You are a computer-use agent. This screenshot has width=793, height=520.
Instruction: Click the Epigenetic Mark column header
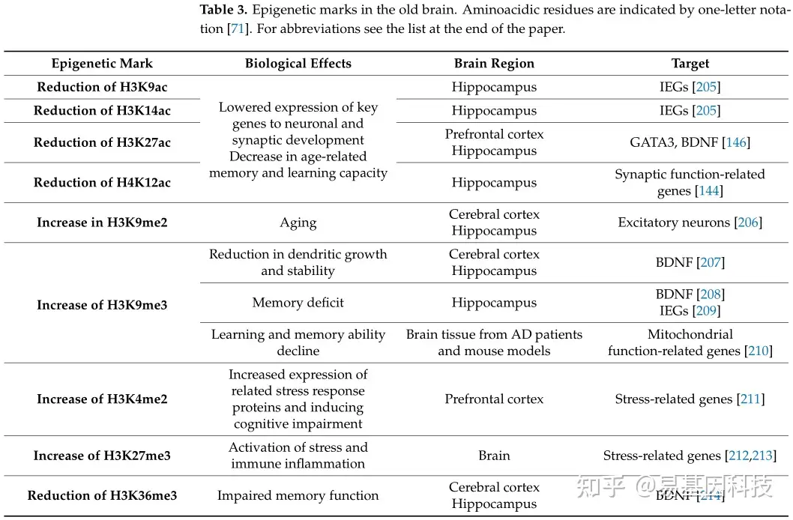[x=102, y=64]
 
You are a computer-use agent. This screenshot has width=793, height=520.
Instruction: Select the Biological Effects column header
[x=298, y=64]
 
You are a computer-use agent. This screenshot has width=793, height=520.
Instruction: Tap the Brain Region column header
[x=494, y=64]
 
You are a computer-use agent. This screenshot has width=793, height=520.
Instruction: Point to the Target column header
[x=690, y=64]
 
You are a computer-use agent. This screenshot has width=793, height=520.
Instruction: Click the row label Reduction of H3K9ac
[x=102, y=87]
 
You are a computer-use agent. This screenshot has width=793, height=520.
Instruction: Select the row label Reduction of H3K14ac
[x=102, y=111]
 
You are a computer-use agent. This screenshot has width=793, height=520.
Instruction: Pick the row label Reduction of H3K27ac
[x=102, y=142]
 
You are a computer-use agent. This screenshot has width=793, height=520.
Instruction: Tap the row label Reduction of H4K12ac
[x=102, y=183]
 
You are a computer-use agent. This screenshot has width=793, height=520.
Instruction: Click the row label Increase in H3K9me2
[x=102, y=223]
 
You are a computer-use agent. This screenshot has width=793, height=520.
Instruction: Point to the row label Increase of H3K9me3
[x=102, y=305]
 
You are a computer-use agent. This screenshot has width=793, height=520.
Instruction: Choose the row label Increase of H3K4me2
[x=102, y=399]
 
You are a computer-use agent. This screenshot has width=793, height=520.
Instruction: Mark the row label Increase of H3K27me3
[x=102, y=456]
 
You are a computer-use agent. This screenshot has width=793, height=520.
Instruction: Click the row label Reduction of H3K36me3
[x=102, y=495]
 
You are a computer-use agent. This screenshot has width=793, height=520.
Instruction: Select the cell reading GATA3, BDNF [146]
[x=690, y=142]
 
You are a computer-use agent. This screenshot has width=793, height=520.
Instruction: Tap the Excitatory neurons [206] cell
[x=690, y=223]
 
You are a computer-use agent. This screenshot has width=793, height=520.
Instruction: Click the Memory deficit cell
[x=298, y=303]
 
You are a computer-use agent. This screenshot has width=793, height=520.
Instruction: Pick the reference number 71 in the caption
[x=236, y=29]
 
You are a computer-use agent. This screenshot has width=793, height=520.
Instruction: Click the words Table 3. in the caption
[x=223, y=10]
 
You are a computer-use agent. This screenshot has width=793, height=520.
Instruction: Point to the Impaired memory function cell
[x=298, y=495]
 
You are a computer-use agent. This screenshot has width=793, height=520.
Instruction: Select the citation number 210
[x=758, y=351]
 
